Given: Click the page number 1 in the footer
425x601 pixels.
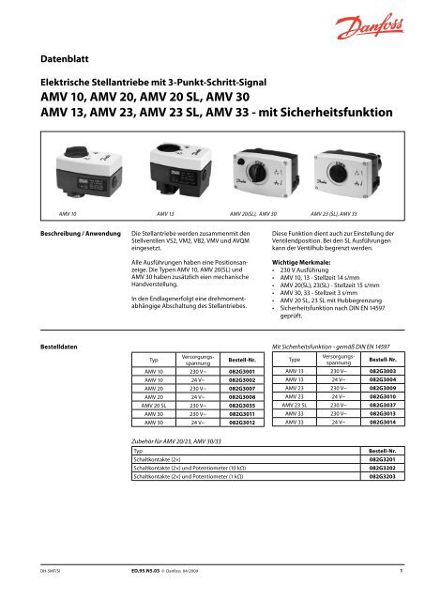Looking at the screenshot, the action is (x=401, y=569).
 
